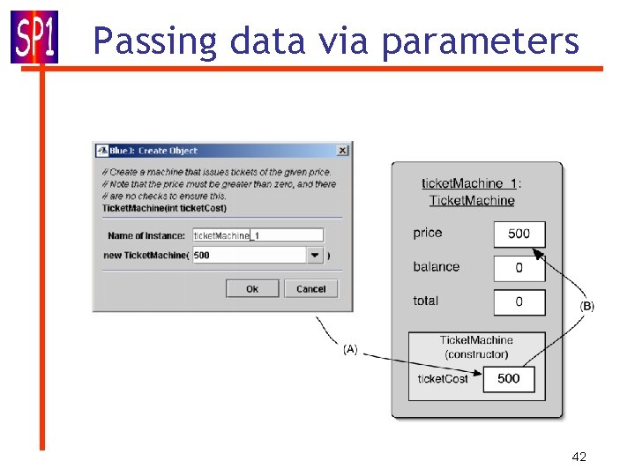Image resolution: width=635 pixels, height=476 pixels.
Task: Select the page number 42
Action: [579, 457]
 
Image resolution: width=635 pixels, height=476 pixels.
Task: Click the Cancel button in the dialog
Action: [310, 288]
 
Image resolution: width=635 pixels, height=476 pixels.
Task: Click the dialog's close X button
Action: [342, 151]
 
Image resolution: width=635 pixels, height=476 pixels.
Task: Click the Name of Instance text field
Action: [258, 235]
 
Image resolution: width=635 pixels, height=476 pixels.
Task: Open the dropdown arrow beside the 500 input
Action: [315, 255]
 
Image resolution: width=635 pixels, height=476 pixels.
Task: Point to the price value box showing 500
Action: [519, 234]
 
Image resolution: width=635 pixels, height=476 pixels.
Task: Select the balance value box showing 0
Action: [519, 268]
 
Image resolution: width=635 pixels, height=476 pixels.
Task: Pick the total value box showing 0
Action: [519, 301]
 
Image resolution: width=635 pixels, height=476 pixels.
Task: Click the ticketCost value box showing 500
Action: [508, 379]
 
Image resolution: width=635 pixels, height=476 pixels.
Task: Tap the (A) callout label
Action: [350, 349]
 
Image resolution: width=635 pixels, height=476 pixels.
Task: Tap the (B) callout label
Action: [586, 306]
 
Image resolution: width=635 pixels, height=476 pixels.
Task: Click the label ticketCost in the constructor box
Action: [443, 379]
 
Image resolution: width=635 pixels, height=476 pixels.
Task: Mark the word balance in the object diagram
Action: [436, 267]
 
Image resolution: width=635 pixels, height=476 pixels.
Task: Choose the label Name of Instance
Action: [146, 235]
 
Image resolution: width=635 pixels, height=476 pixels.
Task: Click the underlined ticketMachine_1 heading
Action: [469, 183]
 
